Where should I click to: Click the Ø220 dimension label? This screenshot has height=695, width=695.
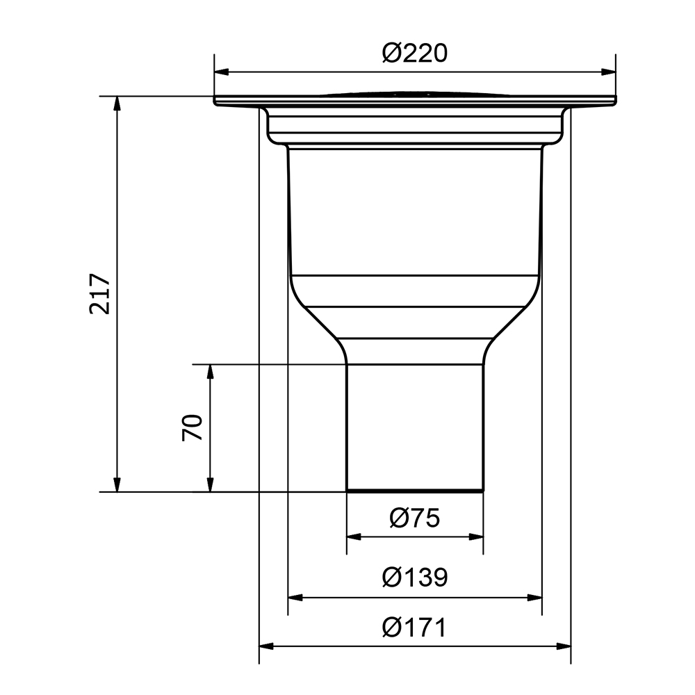click(x=415, y=54)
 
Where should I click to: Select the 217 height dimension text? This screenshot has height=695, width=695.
click(x=99, y=294)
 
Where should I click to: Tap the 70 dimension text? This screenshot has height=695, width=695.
click(x=192, y=427)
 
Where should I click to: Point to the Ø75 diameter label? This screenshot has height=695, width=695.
click(x=415, y=518)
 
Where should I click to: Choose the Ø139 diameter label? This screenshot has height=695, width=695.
click(x=415, y=577)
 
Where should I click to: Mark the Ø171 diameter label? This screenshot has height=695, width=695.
click(x=415, y=628)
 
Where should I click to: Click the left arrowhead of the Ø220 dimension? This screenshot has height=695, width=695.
click(x=222, y=72)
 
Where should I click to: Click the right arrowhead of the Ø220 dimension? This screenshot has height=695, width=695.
click(x=608, y=72)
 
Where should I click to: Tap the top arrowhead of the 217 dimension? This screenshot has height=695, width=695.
click(x=117, y=104)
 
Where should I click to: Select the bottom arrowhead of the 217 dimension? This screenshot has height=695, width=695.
click(x=117, y=484)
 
